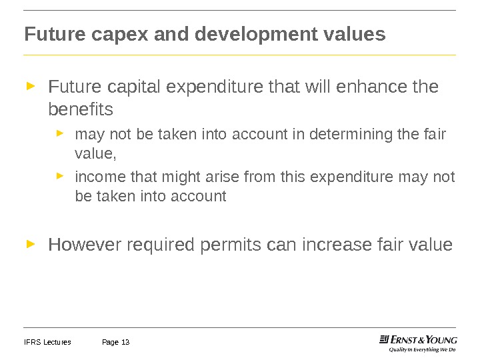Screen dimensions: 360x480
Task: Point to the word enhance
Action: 378,87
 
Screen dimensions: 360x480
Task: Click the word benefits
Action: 81,109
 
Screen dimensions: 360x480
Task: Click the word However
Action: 84,245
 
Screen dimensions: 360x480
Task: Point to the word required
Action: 162,245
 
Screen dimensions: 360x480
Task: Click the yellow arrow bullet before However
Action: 30,245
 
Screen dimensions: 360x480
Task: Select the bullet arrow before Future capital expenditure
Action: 30,86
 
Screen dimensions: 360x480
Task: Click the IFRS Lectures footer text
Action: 47,343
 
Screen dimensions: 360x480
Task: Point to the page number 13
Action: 125,343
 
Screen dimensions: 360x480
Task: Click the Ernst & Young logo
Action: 418,339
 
